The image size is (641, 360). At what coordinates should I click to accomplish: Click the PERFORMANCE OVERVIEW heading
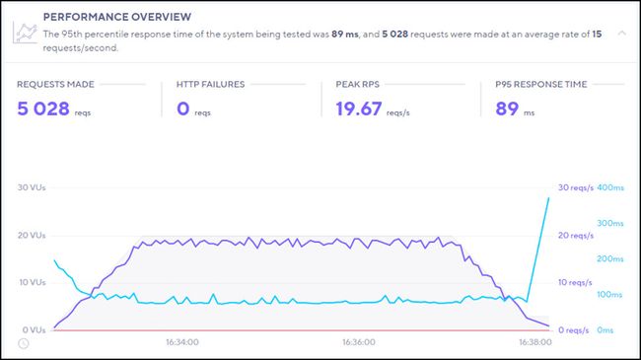pyautogui.click(x=105, y=17)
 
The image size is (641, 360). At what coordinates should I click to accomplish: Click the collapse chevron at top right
pyautogui.click(x=620, y=33)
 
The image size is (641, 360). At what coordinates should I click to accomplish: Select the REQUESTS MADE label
pyautogui.click(x=56, y=84)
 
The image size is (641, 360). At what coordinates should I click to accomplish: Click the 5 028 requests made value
pyautogui.click(x=43, y=108)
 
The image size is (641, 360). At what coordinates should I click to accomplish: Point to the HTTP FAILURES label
pyautogui.click(x=210, y=84)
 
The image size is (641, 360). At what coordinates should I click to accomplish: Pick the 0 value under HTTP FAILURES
pyautogui.click(x=182, y=108)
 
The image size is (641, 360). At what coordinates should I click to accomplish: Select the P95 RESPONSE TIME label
pyautogui.click(x=539, y=84)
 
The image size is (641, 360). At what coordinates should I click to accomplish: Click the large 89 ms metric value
pyautogui.click(x=507, y=108)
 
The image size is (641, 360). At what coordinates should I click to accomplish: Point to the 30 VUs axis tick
pyautogui.click(x=32, y=187)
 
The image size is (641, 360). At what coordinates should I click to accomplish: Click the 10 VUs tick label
pyautogui.click(x=32, y=283)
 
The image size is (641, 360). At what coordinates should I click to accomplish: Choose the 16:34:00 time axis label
pyautogui.click(x=181, y=342)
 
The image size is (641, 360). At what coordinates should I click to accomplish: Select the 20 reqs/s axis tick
pyautogui.click(x=576, y=235)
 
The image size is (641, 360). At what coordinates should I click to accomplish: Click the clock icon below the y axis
pyautogui.click(x=24, y=343)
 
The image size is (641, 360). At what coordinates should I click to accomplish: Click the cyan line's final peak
pyautogui.click(x=548, y=197)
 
